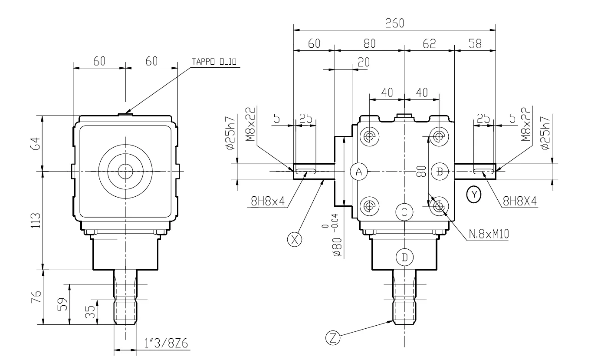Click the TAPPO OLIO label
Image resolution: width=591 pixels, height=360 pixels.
215,62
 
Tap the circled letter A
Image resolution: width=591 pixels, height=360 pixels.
359,172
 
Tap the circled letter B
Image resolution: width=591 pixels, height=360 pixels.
439,172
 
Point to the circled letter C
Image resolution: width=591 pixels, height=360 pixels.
404,212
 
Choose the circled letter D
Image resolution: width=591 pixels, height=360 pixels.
404,257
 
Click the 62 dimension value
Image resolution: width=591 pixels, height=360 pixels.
429,44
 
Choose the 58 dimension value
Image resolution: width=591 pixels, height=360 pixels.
475,44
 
